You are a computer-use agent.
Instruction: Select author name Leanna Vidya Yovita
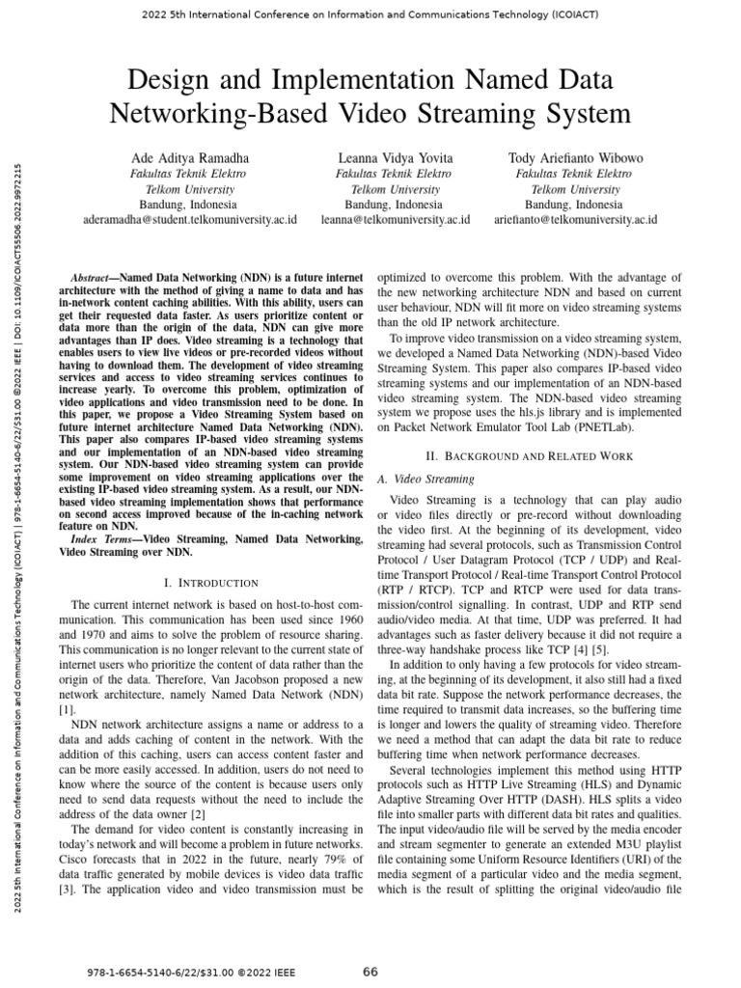(396, 157)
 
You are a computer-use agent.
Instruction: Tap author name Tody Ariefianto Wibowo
(575, 157)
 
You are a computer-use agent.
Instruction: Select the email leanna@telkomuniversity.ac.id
(396, 220)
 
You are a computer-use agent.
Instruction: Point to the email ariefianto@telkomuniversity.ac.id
(575, 220)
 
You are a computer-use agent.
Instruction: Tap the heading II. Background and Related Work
(529, 454)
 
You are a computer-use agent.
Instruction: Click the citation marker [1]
(65, 708)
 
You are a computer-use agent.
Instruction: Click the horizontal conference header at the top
(370, 15)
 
